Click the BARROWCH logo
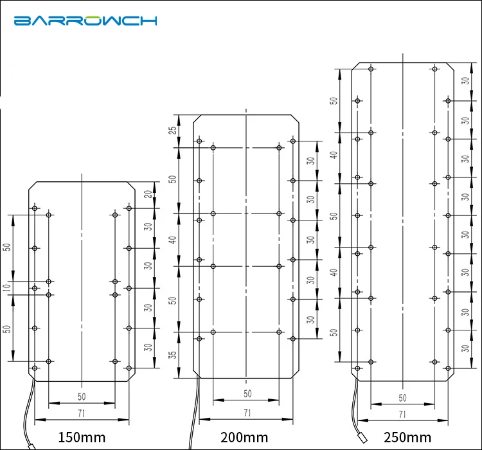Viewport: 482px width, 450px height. click(x=85, y=21)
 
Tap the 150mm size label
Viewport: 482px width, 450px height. click(x=82, y=437)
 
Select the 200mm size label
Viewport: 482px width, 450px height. click(x=244, y=437)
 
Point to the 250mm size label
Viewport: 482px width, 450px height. click(x=407, y=437)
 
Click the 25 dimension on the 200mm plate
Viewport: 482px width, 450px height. click(x=174, y=130)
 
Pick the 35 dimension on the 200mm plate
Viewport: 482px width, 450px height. click(x=174, y=355)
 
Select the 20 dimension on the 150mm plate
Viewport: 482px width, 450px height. click(x=148, y=194)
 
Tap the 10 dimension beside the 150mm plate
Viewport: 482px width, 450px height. click(x=7, y=287)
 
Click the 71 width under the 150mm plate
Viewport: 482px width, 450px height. click(x=82, y=413)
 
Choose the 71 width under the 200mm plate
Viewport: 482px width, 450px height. click(x=247, y=413)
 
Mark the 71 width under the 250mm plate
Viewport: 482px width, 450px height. click(x=402, y=414)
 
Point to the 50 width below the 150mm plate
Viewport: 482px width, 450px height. click(x=82, y=397)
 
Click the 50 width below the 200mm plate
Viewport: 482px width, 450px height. click(x=247, y=393)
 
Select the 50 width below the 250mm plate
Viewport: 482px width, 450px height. click(x=402, y=398)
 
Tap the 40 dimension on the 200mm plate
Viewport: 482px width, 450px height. click(x=174, y=240)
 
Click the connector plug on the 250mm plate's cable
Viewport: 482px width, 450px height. click(x=363, y=438)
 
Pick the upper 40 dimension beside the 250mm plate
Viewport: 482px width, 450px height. click(x=334, y=155)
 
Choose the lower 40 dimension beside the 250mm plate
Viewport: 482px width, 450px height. click(x=334, y=273)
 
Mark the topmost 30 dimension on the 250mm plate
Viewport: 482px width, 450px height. click(x=466, y=81)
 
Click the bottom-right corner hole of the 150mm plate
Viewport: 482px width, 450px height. click(x=129, y=368)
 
